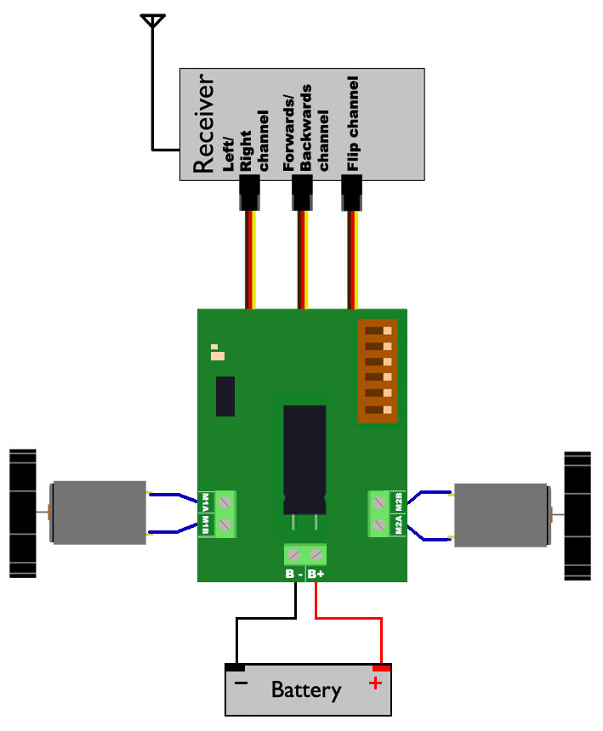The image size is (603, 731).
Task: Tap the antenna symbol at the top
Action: pos(153,20)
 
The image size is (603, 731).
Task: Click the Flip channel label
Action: pos(354,119)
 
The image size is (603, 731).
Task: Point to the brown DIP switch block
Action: pos(377,371)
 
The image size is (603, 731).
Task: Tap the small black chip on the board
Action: pos(225,396)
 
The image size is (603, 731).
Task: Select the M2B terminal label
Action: pos(398,500)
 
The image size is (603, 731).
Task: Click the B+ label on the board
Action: pos(316,575)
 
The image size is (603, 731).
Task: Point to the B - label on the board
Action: pos(294,575)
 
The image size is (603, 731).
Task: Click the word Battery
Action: pos(306,690)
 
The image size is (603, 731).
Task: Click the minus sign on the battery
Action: pos(241,683)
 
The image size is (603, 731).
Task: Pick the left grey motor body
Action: pos(100,513)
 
